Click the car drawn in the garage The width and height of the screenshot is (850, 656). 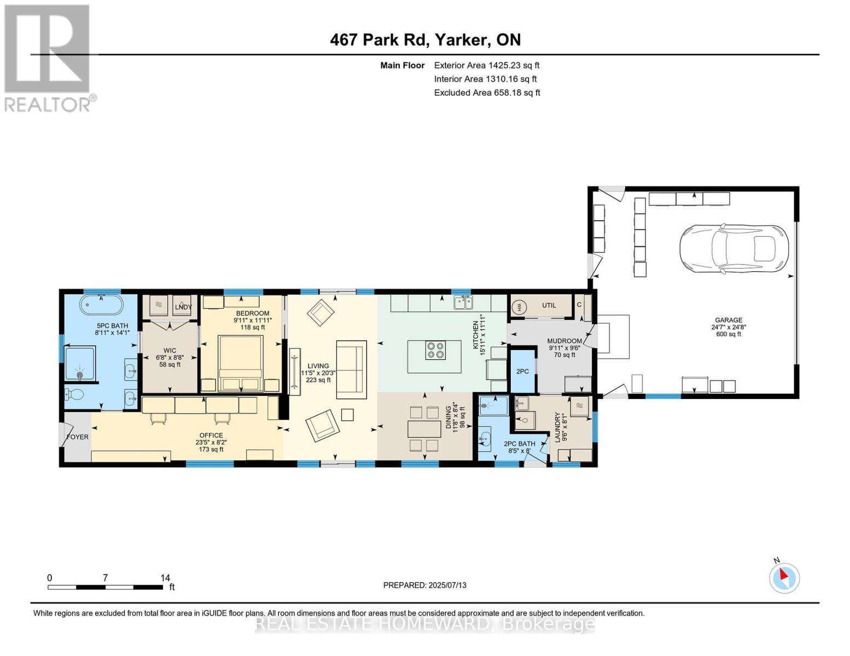point(734,249)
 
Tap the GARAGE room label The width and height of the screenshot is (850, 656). point(729,320)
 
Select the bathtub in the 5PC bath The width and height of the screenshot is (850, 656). point(101,305)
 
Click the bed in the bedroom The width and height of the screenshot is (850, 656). point(241,363)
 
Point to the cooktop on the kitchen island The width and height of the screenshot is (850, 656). point(435,350)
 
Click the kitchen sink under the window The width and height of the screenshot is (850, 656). point(463,303)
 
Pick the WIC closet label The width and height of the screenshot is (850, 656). point(170,350)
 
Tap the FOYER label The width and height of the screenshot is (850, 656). point(78,437)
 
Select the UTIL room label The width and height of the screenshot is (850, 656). point(549,306)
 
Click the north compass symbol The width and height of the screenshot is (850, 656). point(784,578)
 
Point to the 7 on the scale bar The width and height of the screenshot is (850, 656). point(105,578)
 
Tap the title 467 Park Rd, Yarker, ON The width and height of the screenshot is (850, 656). point(425,40)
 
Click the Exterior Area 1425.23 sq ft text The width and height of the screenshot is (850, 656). point(487,65)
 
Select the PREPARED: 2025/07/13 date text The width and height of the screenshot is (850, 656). point(425,585)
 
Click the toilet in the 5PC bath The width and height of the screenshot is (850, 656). point(74,394)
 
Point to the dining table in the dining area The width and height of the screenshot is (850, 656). point(424,429)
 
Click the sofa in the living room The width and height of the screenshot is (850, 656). point(352,370)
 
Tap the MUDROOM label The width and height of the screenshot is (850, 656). point(564,341)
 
